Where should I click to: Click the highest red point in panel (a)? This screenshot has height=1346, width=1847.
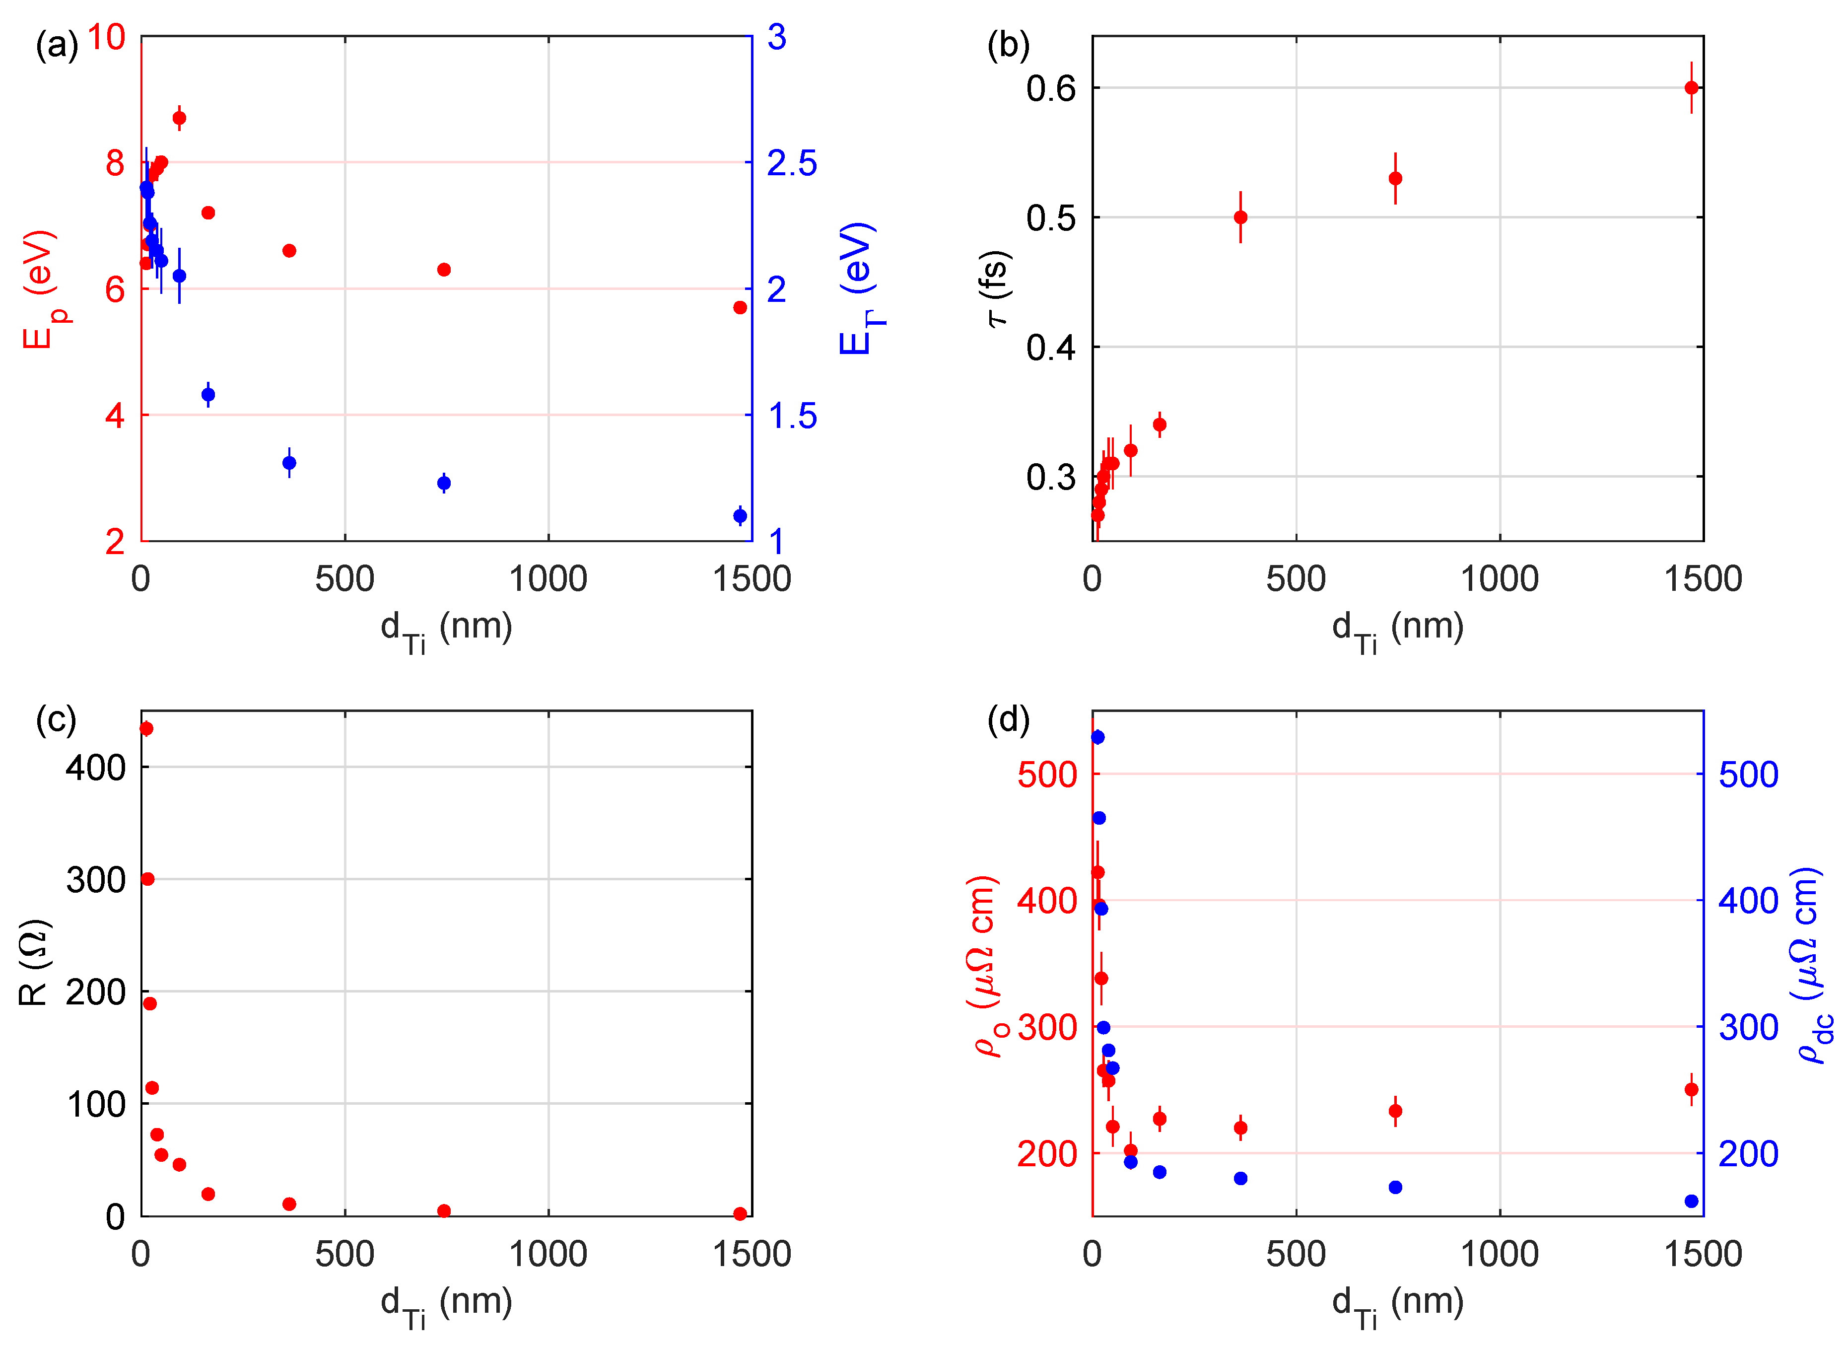point(179,118)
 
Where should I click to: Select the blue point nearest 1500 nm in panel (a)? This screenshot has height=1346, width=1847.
point(740,516)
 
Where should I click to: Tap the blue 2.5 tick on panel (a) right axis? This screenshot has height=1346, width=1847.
point(792,163)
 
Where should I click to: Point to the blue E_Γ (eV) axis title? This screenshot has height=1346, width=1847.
point(859,289)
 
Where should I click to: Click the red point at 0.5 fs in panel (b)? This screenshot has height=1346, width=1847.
point(1240,217)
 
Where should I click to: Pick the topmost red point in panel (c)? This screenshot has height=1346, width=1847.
point(146,728)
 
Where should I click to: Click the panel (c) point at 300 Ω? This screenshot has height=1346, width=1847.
point(147,879)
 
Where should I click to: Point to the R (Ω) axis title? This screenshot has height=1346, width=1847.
point(34,963)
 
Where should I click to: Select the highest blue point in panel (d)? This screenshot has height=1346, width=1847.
point(1098,737)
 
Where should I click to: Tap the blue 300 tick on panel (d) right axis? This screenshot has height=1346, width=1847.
point(1748,1027)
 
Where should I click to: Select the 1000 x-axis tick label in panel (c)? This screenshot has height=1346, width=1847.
point(548,1254)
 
